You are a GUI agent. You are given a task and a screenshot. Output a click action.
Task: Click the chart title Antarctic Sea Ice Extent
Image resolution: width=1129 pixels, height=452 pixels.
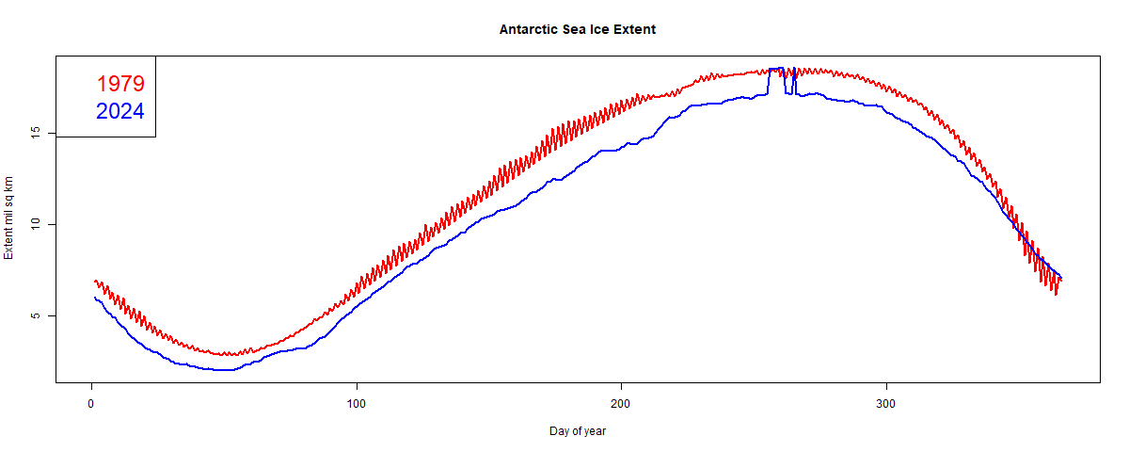coord(578,29)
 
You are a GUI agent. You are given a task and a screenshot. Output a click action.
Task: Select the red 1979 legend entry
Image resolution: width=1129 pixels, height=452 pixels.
coord(120,83)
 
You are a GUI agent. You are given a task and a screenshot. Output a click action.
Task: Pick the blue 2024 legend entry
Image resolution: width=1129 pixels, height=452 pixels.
coord(120,111)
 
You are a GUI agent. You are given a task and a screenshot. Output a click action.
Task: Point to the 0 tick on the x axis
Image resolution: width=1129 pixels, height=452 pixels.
coord(91,403)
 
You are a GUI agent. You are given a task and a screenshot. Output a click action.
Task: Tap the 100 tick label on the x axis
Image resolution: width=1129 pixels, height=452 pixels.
coord(356,403)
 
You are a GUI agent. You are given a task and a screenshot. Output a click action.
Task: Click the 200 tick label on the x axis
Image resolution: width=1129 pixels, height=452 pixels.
coord(621,403)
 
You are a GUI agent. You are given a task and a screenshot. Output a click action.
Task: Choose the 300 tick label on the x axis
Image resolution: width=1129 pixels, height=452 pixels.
coord(886,403)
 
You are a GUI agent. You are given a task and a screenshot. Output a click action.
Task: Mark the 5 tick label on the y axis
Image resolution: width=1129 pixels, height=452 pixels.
coord(35,315)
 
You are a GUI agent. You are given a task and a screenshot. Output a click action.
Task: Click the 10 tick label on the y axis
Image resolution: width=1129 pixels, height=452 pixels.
coord(35,224)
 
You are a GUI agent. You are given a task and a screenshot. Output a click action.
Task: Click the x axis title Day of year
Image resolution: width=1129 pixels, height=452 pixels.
coord(578,431)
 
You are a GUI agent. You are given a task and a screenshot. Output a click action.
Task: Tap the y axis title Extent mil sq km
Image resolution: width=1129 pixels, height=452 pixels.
coord(9,218)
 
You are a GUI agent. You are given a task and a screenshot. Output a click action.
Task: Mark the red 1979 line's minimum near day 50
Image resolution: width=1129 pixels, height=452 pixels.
coord(226,354)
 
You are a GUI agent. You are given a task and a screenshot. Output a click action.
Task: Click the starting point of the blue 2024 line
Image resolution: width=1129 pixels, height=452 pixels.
coord(94,298)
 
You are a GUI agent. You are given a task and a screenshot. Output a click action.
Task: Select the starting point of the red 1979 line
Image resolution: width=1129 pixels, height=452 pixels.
coord(94,281)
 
